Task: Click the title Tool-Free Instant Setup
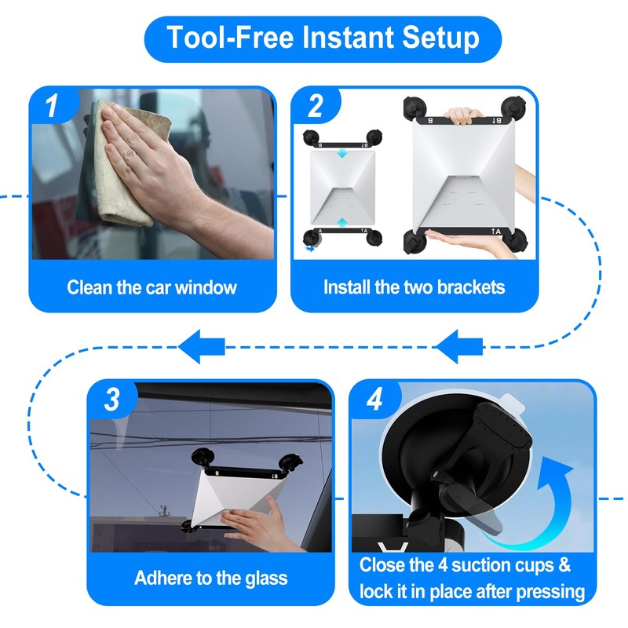323,38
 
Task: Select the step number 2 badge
316,105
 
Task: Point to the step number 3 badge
111,400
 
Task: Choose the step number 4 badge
374,400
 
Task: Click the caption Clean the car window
152,287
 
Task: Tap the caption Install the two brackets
414,287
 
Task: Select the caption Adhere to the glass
210,579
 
